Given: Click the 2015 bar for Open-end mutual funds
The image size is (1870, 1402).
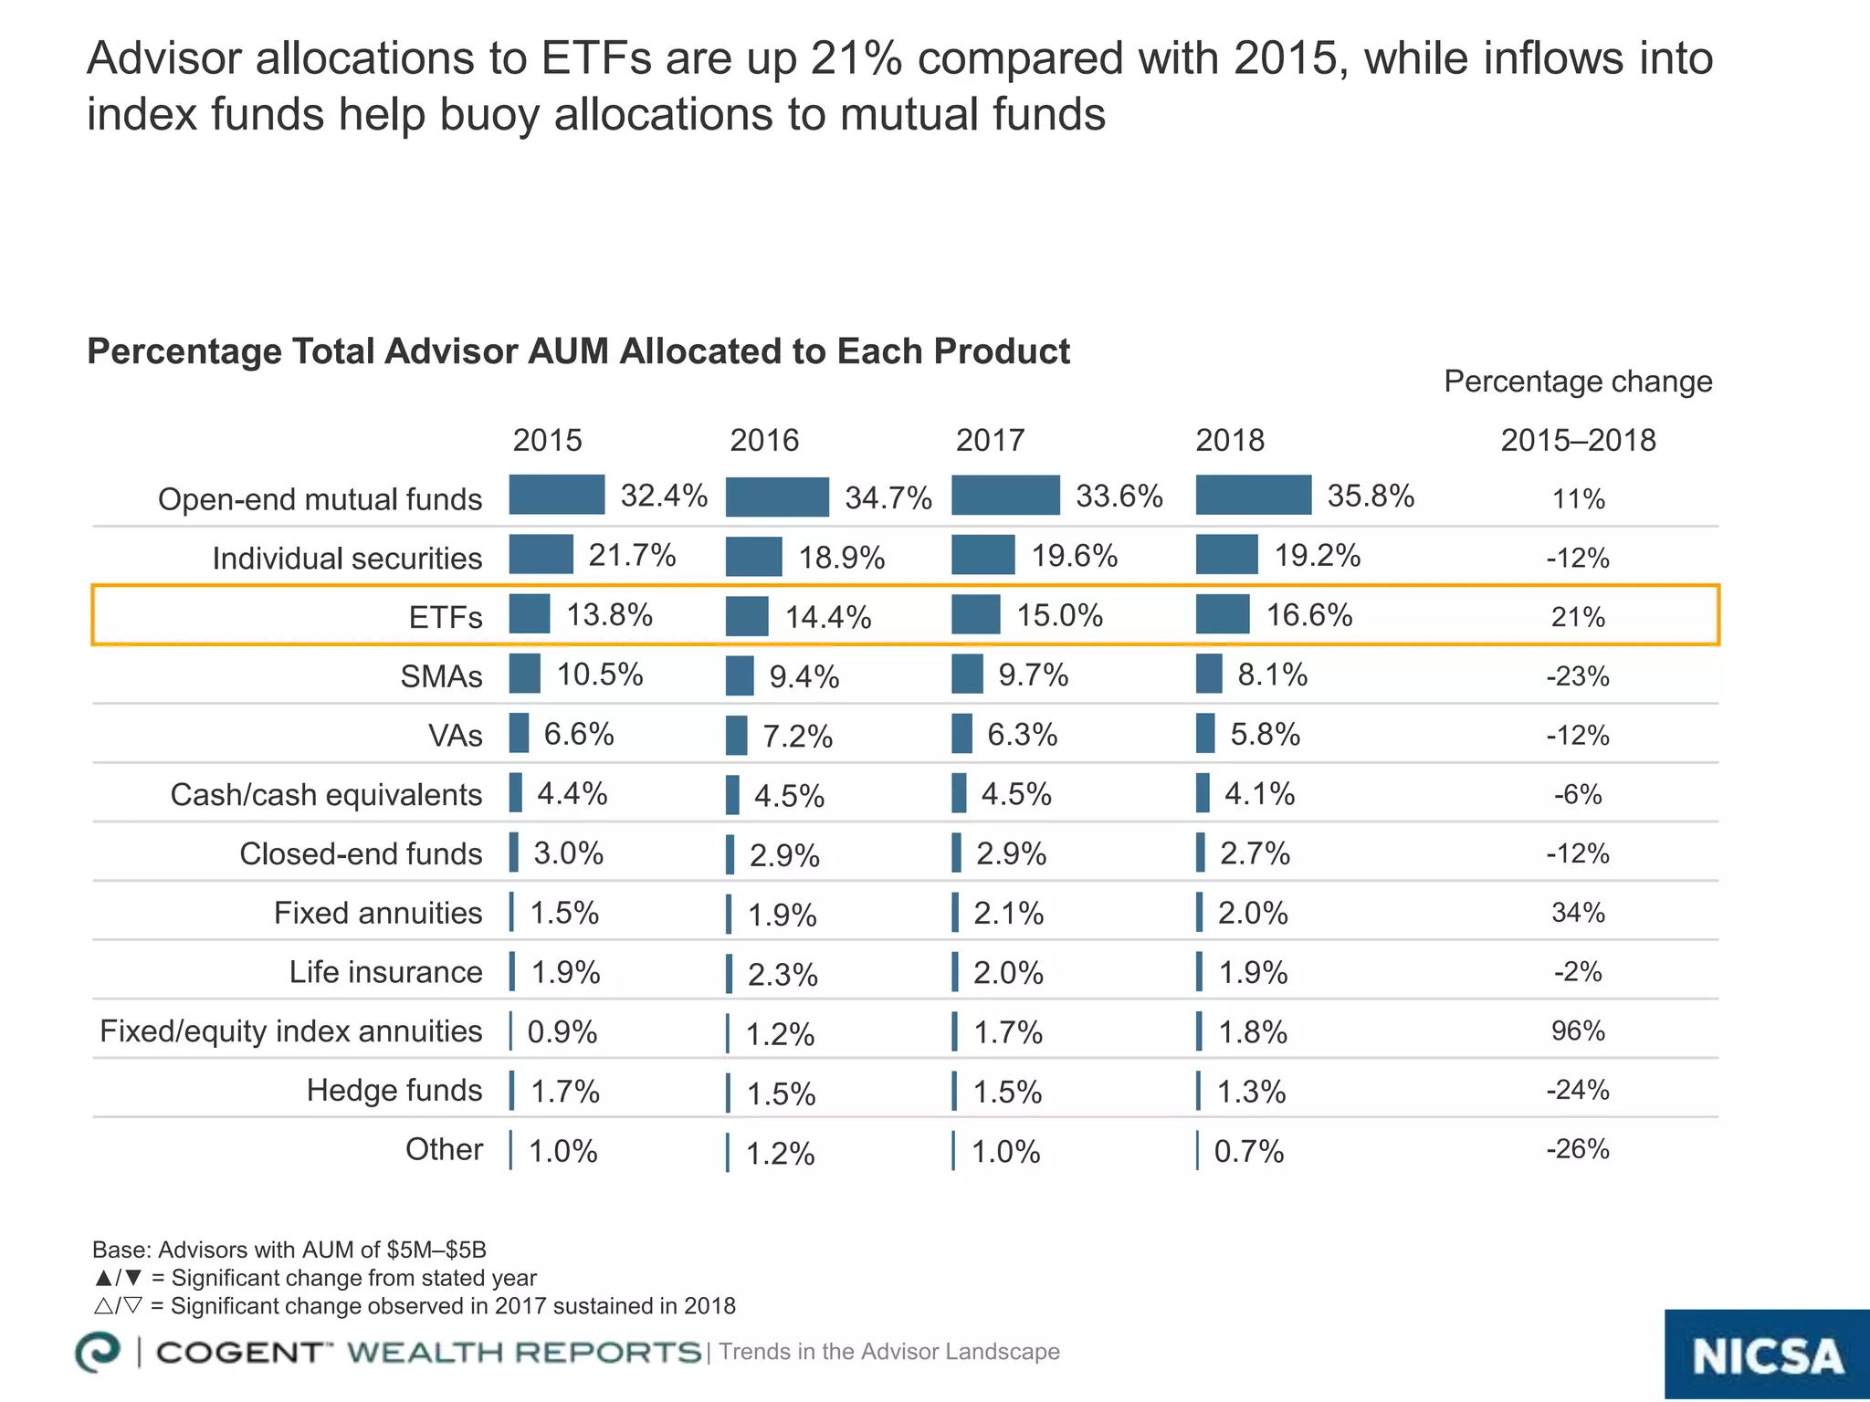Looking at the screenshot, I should [556, 495].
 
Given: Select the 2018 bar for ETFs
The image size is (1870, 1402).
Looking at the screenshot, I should [1223, 614].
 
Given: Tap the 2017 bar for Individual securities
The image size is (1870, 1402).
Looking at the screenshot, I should [982, 555].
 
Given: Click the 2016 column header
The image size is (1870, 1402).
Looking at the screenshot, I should [763, 441].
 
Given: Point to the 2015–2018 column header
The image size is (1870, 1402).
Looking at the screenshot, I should [1578, 441].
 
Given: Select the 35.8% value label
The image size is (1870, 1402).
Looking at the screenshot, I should [1370, 496].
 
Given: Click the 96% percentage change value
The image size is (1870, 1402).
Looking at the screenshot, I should [1578, 1031].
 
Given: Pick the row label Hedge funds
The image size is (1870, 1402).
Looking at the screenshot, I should [394, 1090].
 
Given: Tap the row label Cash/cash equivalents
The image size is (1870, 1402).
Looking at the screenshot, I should [326, 795].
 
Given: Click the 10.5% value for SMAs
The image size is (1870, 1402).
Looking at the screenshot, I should [600, 675].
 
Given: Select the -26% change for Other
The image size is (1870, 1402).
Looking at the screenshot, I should [1578, 1149].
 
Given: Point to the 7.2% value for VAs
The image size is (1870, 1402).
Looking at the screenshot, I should [797, 737].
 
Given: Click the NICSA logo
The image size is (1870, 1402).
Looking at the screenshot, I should [1766, 1355].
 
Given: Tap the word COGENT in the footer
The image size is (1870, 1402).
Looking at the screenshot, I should [239, 1353].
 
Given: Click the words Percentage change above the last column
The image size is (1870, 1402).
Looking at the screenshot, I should [1578, 382].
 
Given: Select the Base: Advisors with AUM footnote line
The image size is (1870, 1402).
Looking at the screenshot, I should [289, 1250].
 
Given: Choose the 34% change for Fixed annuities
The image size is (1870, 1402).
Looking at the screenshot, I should [1578, 913].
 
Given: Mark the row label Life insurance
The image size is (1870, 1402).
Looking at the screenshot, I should [385, 972].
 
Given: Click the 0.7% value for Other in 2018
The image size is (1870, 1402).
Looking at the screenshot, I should [1248, 1152].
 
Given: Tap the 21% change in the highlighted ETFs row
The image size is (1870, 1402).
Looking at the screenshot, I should [1578, 618].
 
